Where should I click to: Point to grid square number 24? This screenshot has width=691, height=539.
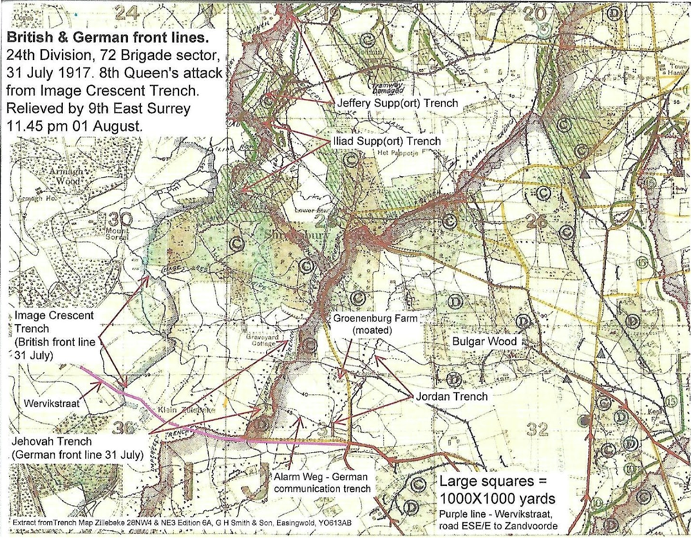[x=126, y=11]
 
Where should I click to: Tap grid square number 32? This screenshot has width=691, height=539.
[x=538, y=429]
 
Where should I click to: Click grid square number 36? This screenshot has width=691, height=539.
[x=122, y=428]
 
